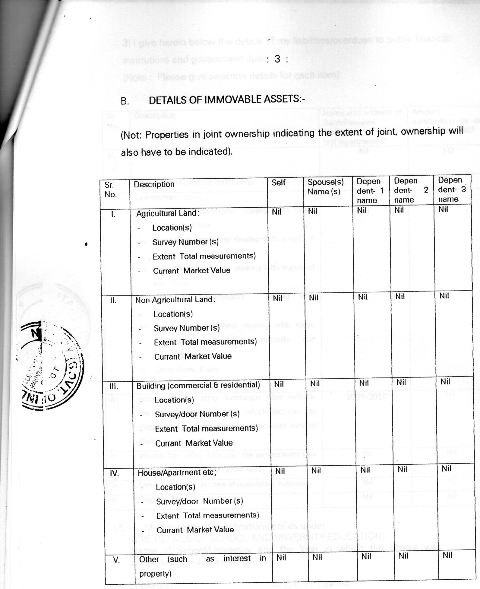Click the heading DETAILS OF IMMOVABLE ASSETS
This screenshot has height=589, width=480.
pos(227,100)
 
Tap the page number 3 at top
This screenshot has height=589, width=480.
pos(277,59)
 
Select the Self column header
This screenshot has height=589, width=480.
pos(278,183)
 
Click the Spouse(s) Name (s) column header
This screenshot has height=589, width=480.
pos(326,187)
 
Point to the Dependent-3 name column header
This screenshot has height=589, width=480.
pos(451,189)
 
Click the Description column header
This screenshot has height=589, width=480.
pos(154,184)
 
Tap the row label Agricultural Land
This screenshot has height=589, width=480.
pos(168,213)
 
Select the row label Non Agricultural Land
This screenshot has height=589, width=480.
pos(175,300)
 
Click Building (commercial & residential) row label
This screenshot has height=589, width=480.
pos(198,385)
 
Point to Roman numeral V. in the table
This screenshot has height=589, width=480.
pos(116,560)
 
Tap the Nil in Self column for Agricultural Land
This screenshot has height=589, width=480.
pos(276,212)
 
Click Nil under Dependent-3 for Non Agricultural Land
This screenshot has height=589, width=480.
pos(444,296)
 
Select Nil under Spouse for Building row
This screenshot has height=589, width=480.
pos(315,384)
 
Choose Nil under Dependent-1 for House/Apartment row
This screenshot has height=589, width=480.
pos(365,470)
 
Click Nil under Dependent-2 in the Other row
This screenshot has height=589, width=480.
pos(403,556)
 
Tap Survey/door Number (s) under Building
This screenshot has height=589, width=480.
pos(197,414)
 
